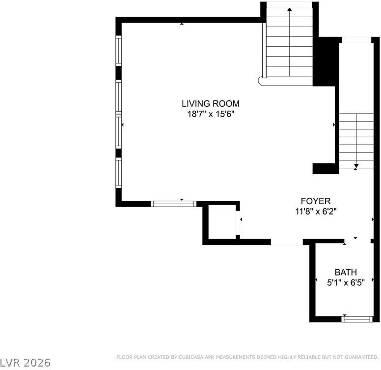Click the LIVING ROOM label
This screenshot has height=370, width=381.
pos(211,104)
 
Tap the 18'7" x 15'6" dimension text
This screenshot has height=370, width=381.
pos(211,114)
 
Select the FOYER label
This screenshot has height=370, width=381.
pos(316,201)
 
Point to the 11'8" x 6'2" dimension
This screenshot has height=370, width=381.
pos(316,211)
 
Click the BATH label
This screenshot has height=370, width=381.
pos(346,272)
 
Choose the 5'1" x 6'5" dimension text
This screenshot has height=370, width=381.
pos(346,282)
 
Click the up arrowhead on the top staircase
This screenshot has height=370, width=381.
pos(289,9)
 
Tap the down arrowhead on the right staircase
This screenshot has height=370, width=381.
pos(356,166)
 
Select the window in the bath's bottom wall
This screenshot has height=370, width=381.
pos(357,319)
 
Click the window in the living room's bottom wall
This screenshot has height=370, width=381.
pos(173,204)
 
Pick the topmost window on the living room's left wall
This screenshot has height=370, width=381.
pos(118,51)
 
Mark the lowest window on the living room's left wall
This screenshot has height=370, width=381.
pos(118,173)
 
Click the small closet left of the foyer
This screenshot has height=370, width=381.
pos(222,222)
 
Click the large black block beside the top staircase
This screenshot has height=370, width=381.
pos(326,62)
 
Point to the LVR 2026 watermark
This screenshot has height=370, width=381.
pos(25,363)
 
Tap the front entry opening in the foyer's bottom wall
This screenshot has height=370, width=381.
pos(287,242)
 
